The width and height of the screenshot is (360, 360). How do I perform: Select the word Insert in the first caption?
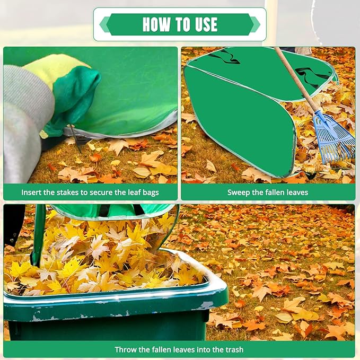tap(32, 192)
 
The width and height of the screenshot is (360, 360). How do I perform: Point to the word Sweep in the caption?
tap(239, 192)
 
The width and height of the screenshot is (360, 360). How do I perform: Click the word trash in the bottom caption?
tap(233, 349)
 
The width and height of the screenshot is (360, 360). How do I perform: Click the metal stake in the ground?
tap(75, 137)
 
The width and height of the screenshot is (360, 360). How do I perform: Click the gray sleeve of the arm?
tap(24, 127)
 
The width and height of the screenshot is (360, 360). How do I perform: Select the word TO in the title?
tap(180, 24)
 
